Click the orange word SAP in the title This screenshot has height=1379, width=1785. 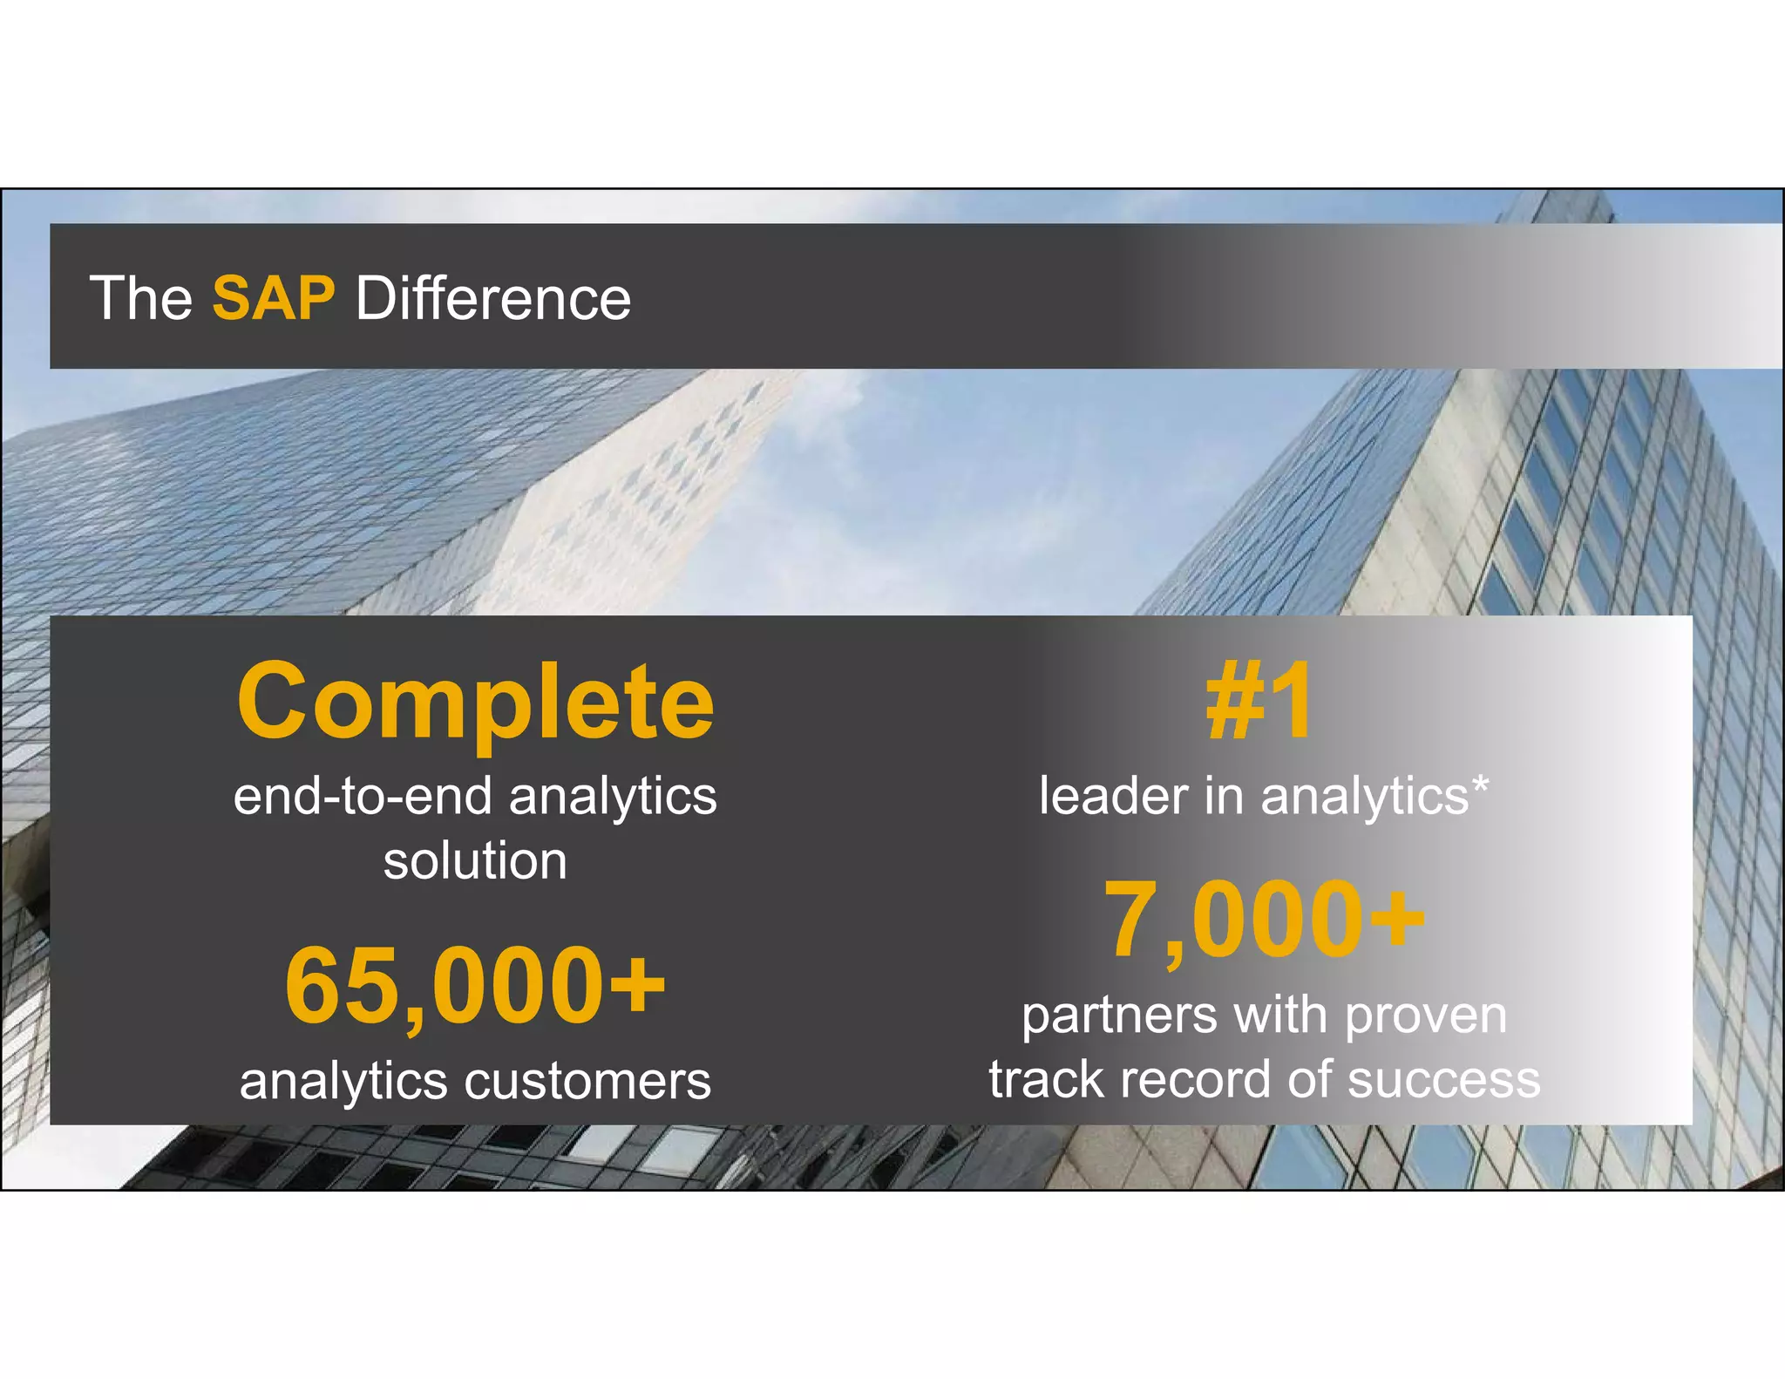[273, 298]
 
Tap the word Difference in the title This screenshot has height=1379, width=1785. [492, 298]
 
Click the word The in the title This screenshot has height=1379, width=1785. [140, 298]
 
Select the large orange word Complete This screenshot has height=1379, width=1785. [475, 702]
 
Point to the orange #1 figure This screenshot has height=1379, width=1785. [1259, 702]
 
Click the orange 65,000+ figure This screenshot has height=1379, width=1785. [475, 985]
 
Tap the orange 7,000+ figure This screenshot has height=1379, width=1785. [1264, 920]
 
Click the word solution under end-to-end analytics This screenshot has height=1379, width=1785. [475, 861]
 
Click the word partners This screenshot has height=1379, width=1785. [1119, 1016]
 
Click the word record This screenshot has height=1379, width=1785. [1198, 1081]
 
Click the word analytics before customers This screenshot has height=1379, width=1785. [345, 1082]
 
